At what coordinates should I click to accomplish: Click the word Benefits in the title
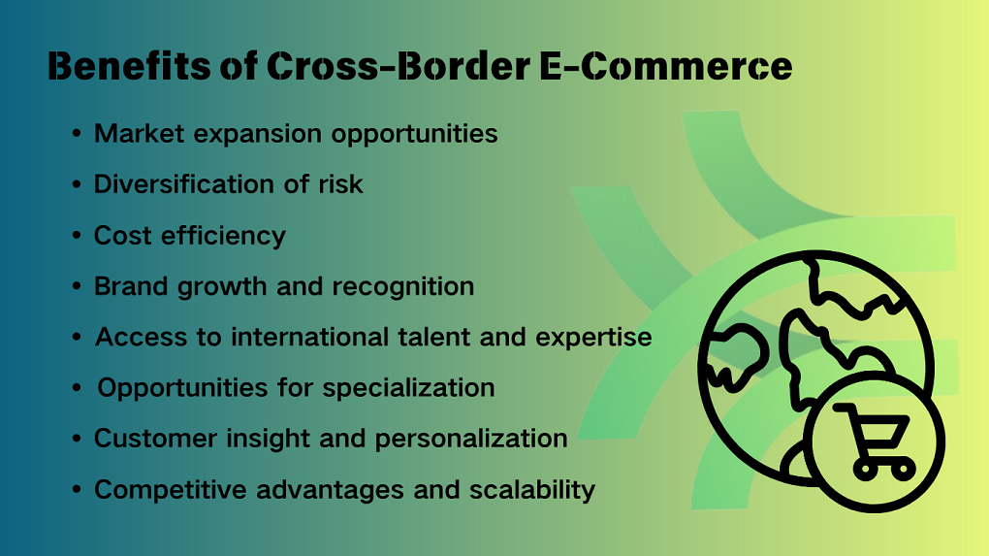[x=129, y=66]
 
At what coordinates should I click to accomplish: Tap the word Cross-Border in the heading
[x=398, y=66]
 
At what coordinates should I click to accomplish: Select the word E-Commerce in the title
[x=666, y=66]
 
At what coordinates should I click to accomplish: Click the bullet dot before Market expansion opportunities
[x=77, y=134]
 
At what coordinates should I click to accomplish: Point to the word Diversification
[x=183, y=183]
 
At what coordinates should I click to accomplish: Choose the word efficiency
[x=223, y=236]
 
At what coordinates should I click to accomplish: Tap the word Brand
[x=131, y=286]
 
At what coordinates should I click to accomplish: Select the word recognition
[x=403, y=286]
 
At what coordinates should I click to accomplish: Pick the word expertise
[x=593, y=338]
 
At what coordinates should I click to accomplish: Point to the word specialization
[x=409, y=388]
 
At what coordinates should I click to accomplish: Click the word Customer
[x=155, y=439]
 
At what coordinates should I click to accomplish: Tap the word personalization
[x=471, y=439]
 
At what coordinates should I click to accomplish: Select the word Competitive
[x=171, y=490]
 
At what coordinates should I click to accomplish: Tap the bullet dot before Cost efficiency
[x=77, y=236]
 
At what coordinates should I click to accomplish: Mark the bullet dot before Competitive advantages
[x=77, y=490]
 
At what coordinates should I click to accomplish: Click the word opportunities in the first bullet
[x=414, y=135]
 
